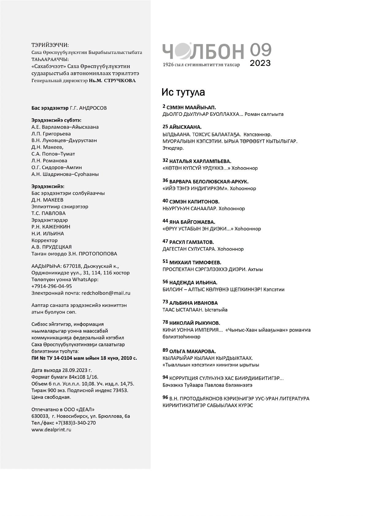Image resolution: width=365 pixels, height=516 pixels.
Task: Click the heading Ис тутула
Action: click(183, 92)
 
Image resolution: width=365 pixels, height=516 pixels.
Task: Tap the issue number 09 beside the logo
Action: click(260, 50)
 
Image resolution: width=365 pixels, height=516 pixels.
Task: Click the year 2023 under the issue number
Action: click(260, 63)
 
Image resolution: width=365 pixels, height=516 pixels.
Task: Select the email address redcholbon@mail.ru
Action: click(106, 293)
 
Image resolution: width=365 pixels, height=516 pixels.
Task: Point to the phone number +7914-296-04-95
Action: click(52, 286)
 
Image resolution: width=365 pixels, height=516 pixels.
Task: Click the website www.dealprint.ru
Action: click(51, 430)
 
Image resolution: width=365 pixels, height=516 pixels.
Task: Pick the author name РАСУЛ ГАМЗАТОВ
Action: click(191, 242)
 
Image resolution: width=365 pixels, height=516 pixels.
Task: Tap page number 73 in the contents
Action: click(165, 302)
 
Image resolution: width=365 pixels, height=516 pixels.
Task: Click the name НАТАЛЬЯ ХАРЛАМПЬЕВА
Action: click(200, 161)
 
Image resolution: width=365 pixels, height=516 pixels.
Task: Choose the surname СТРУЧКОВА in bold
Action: click(120, 81)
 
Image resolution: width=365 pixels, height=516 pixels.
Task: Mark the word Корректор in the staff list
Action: click(44, 240)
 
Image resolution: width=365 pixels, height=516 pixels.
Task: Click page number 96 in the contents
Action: click(165, 397)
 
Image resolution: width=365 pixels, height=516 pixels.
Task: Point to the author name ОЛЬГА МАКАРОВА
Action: click(192, 351)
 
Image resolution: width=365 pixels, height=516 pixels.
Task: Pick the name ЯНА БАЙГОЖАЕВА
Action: click(192, 222)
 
